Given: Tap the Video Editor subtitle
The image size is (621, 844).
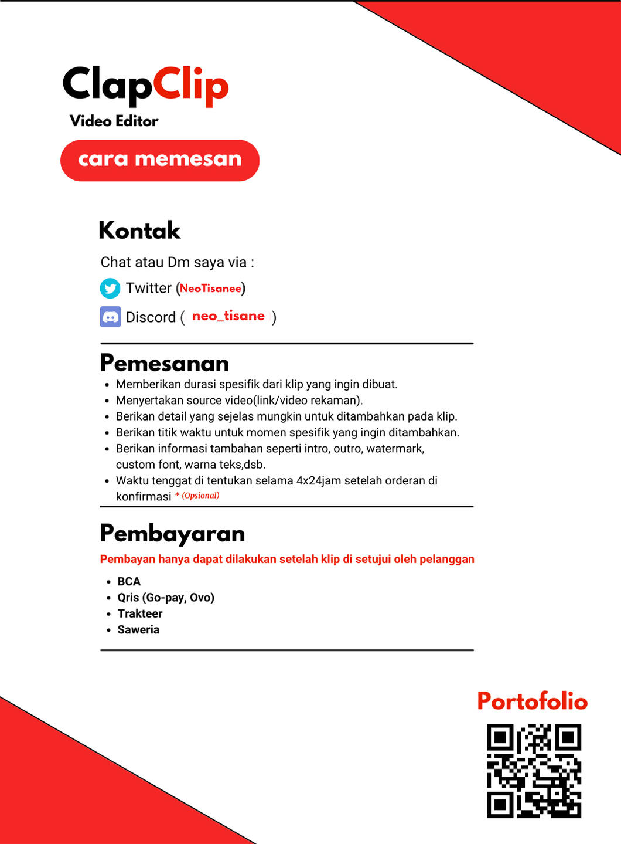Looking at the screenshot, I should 114,121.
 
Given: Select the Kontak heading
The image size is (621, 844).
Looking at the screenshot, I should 139,230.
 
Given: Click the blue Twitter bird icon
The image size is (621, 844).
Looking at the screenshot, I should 110,288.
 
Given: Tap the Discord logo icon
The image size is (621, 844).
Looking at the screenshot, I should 110,317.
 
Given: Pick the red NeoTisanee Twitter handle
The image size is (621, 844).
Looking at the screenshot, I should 210,288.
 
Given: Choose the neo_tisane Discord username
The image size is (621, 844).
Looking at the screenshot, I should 228,316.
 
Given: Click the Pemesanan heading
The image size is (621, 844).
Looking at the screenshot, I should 165,363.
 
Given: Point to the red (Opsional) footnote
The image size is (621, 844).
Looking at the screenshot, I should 200,496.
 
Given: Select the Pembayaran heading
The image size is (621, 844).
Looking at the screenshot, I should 172,533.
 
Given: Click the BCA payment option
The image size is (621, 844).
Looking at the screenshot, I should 129,581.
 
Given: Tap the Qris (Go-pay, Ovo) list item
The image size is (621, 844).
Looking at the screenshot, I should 166,597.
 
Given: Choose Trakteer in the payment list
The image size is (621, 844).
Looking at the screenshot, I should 140,613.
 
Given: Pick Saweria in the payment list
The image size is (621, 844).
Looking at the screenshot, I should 138,629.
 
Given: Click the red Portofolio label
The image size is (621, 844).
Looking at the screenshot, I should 532,701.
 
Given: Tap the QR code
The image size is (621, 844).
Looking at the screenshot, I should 534,771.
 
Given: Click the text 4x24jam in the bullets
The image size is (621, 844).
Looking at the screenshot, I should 318,480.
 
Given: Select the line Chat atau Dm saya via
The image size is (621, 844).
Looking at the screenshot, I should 177,262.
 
